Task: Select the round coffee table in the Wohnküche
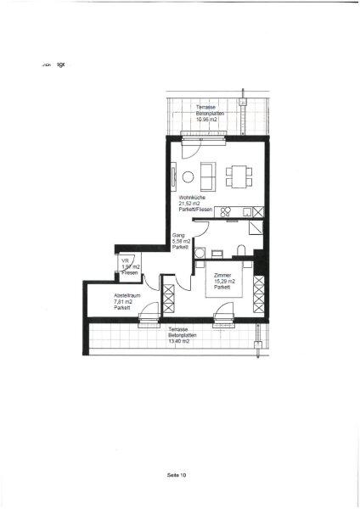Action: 188,176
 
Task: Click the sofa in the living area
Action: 206,176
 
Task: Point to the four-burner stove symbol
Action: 227,211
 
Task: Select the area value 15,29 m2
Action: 224,282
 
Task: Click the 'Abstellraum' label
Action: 127,294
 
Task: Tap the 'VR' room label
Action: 126,260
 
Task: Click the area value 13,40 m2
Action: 178,340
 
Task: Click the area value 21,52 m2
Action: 190,204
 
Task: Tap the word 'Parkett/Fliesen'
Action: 194,210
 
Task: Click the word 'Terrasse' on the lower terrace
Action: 178,328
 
